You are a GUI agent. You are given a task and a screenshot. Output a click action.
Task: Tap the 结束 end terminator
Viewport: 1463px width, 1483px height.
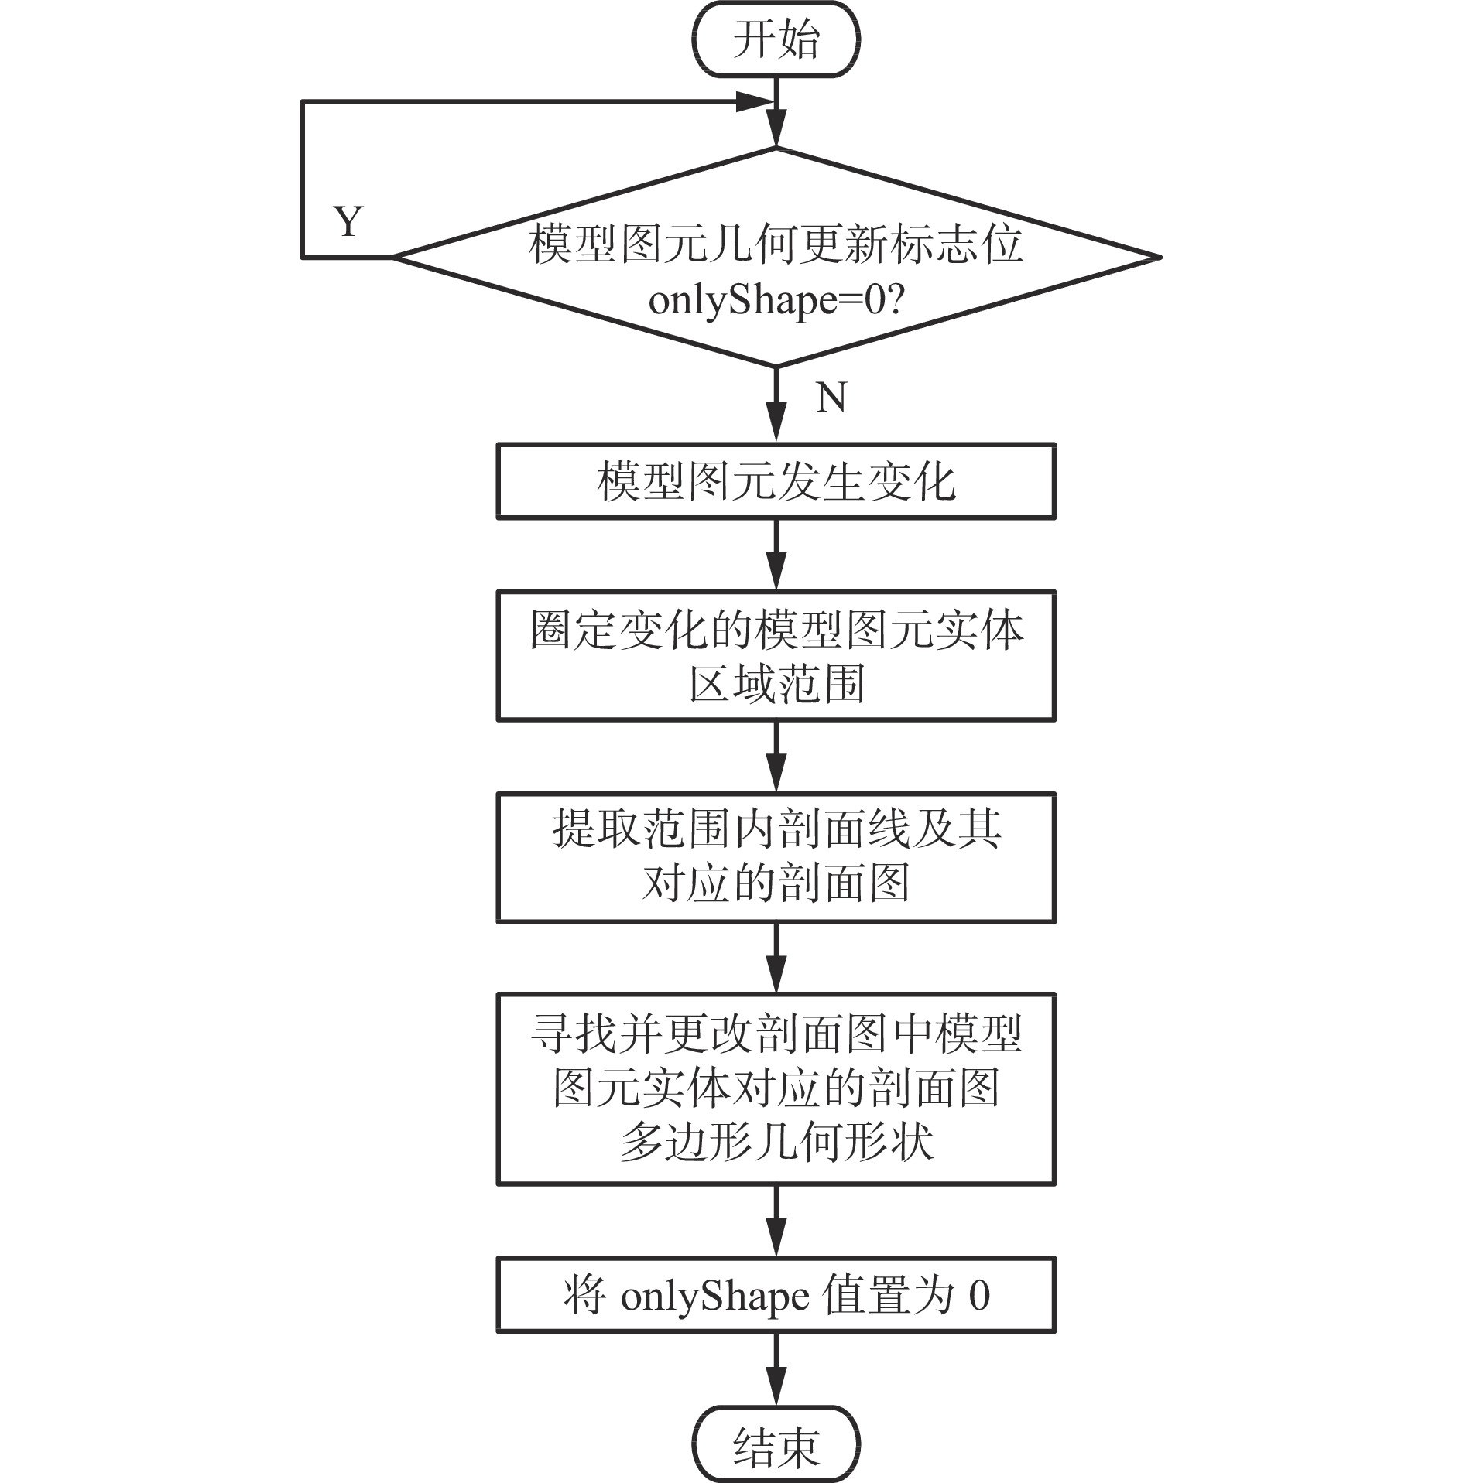776,1447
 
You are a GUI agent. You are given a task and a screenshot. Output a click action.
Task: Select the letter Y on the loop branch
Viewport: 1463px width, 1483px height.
348,221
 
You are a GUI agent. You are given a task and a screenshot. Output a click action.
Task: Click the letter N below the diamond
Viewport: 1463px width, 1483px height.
831,398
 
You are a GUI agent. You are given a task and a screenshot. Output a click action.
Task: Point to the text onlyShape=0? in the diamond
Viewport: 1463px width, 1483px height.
776,300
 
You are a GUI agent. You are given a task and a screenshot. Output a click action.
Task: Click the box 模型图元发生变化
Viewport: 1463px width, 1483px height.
776,481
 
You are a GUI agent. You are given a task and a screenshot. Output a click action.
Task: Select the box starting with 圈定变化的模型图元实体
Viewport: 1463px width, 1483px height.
776,656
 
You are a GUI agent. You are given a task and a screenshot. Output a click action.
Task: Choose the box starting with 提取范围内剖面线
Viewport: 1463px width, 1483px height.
776,857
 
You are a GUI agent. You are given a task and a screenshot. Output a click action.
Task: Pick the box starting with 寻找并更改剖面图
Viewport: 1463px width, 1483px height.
776,1089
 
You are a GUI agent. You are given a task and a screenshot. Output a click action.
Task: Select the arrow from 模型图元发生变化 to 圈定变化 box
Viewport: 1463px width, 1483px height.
776,555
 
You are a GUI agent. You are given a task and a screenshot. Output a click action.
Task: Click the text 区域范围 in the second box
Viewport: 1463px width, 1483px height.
776,684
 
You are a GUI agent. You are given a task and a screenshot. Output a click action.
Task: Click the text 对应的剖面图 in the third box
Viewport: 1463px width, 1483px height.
776,883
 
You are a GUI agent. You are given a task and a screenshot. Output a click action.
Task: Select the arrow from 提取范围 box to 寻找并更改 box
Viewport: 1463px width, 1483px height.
776,959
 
